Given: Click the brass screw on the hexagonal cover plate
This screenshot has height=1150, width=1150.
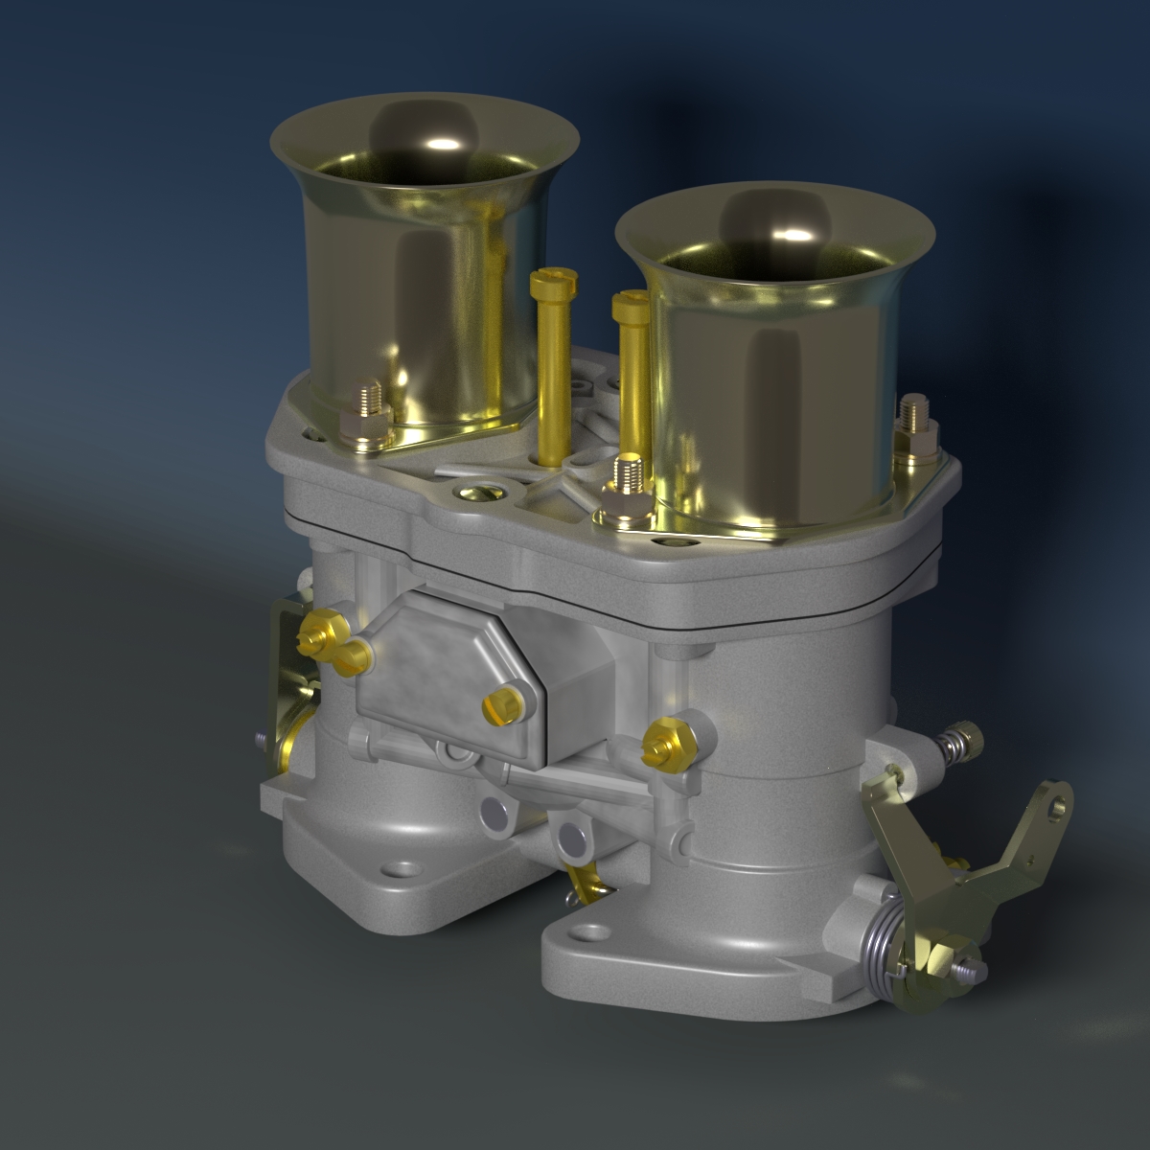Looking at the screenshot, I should [504, 704].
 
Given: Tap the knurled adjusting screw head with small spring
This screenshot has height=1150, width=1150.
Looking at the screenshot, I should [970, 737].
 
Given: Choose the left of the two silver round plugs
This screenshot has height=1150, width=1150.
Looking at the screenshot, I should [496, 816].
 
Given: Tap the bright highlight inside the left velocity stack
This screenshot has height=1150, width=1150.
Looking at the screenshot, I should [443, 145].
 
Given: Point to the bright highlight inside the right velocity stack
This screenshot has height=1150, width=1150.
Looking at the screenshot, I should [792, 234].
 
